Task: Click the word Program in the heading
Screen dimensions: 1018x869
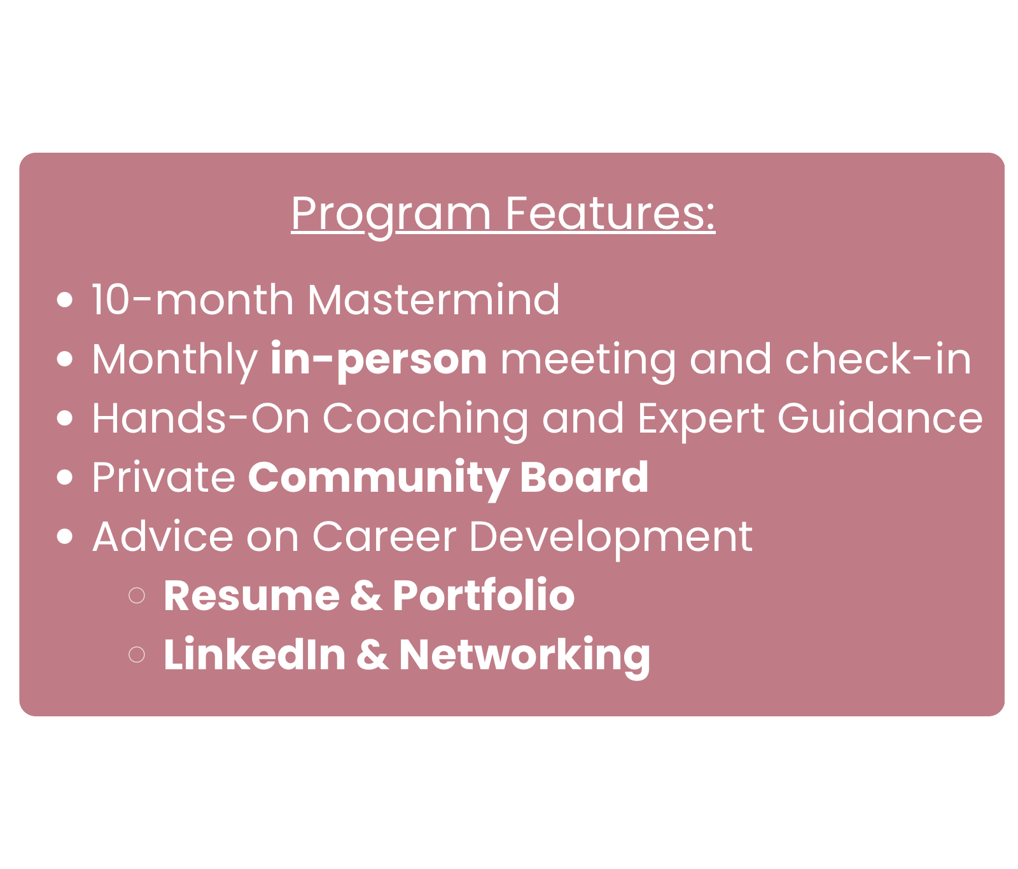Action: (391, 215)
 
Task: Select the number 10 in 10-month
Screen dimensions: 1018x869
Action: (111, 300)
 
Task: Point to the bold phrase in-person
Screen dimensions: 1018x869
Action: (379, 360)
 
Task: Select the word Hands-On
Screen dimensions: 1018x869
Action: (200, 419)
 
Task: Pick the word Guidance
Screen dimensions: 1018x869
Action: (880, 418)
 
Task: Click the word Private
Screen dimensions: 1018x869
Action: (164, 477)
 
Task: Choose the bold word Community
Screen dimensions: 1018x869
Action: (378, 478)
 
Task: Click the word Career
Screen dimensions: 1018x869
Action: (384, 537)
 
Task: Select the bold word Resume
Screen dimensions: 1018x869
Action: (251, 596)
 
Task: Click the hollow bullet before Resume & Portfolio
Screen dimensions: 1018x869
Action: (137, 595)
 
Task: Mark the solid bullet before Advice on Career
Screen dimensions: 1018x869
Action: (65, 536)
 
